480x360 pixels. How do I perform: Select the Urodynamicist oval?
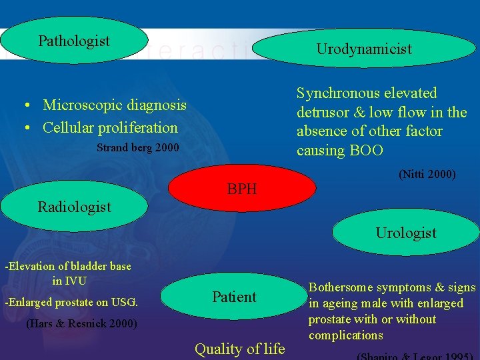tap(364, 49)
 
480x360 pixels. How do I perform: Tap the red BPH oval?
tap(242, 189)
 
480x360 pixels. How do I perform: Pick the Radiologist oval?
tap(75, 207)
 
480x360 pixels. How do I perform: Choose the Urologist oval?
tap(406, 233)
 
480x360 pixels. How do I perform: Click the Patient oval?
tap(234, 297)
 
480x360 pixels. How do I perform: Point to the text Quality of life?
tap(239, 349)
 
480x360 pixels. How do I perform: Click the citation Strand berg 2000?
tap(138, 147)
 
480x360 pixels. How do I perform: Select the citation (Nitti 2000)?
tap(427, 175)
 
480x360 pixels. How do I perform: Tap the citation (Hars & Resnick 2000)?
tap(81, 325)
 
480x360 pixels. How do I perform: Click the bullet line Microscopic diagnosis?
tap(115, 105)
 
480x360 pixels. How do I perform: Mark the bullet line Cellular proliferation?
tap(110, 127)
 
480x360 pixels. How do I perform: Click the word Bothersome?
tap(341, 287)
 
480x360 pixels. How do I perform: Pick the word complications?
tap(346, 335)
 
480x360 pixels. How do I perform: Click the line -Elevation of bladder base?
tap(68, 266)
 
